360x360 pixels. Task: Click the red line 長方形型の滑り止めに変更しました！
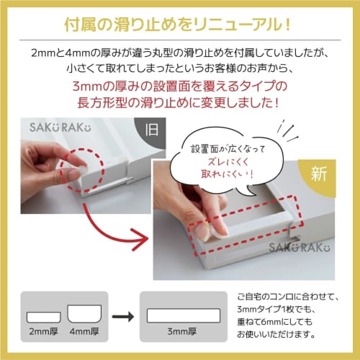(180, 102)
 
